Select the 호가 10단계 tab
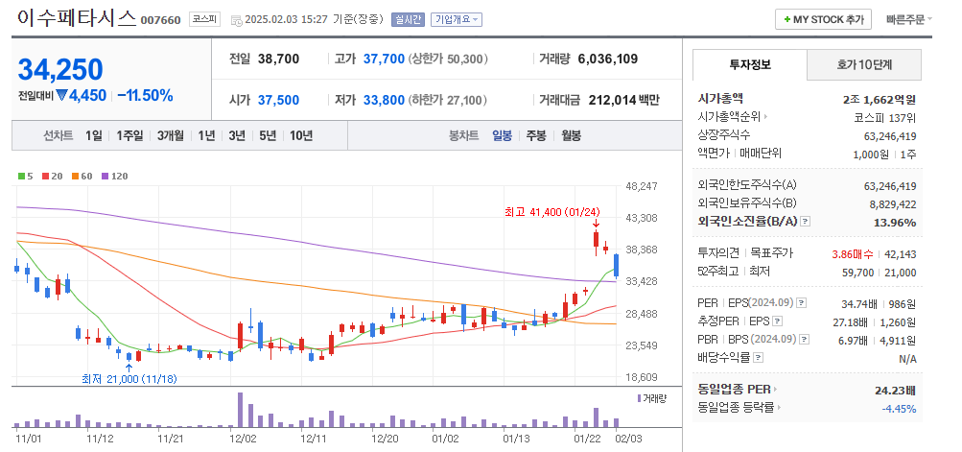863,65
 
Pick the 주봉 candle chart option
535,135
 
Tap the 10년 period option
300,135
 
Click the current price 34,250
60,69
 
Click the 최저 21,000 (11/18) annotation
129,379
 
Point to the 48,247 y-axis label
640,186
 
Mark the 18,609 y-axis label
640,378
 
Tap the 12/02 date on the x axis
243,438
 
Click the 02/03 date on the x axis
628,438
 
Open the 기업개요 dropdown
457,19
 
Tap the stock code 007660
160,20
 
